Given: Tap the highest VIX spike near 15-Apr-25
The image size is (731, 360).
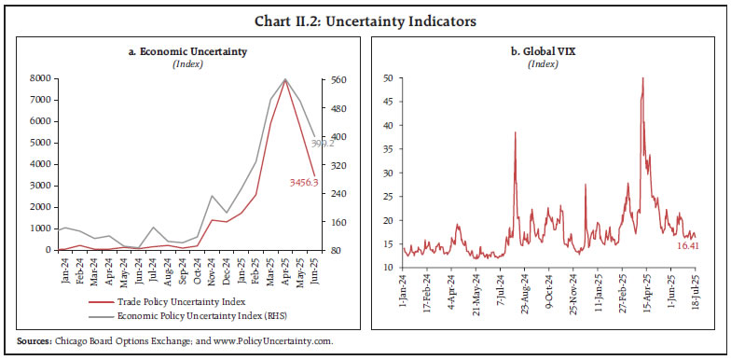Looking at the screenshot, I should pyautogui.click(x=642, y=78).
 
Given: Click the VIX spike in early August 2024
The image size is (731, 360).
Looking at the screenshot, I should pyautogui.click(x=515, y=132).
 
